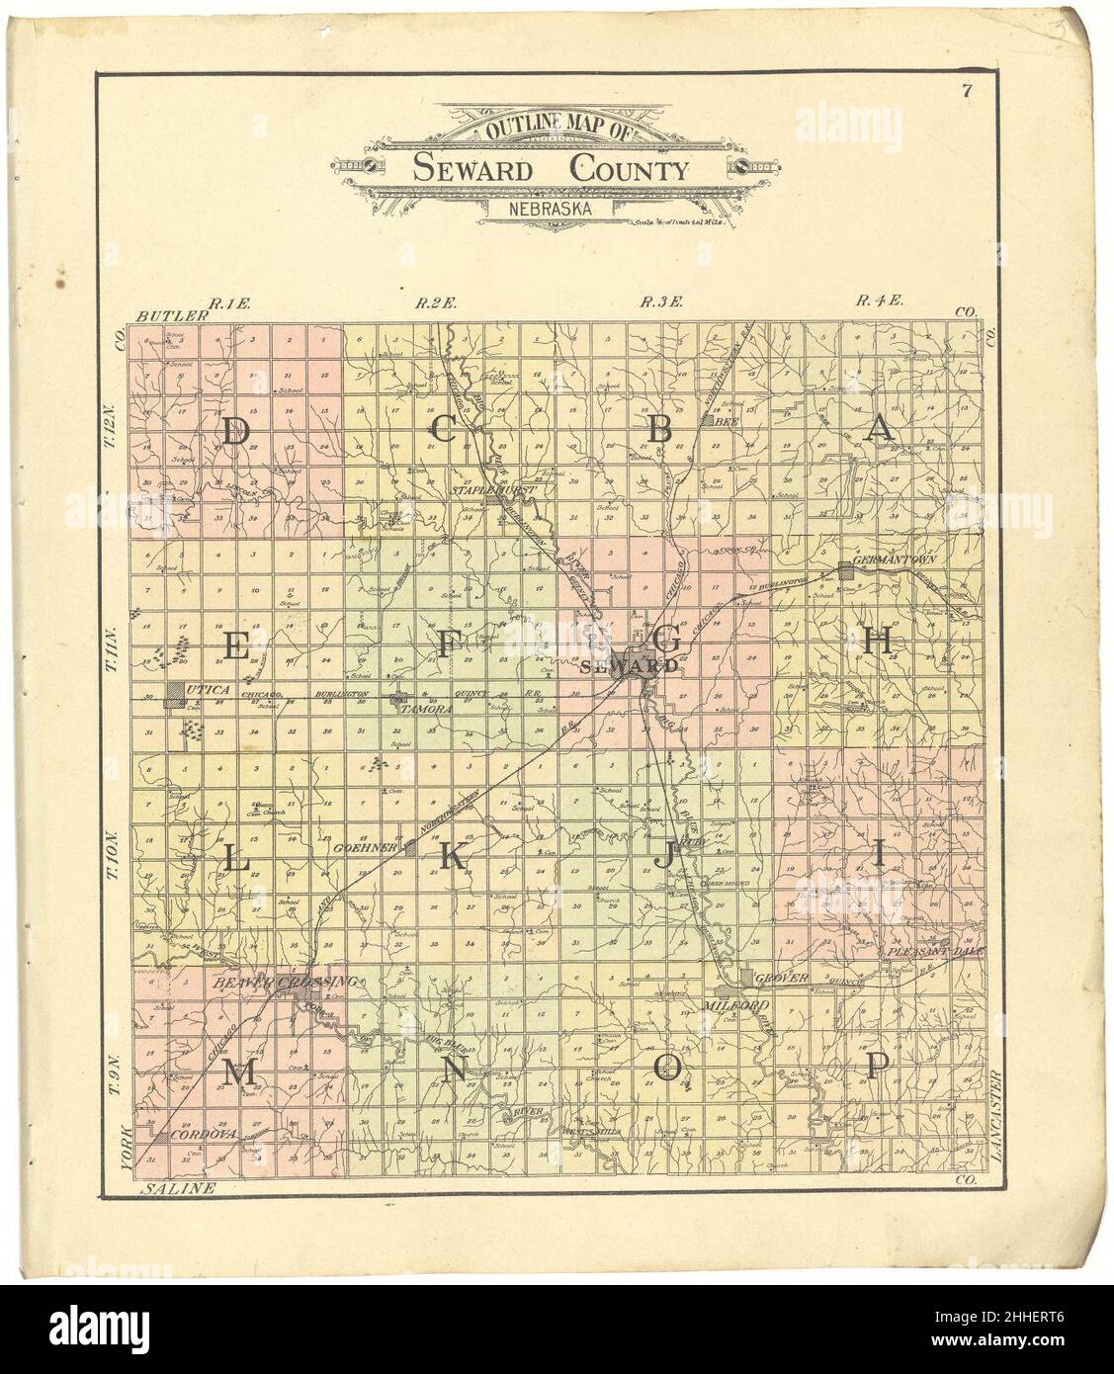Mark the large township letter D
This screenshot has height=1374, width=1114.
[x=234, y=433]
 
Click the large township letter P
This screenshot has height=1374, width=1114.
[x=878, y=1065]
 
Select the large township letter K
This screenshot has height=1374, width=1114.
[x=451, y=856]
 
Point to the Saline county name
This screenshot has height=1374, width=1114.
[x=178, y=1188]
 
